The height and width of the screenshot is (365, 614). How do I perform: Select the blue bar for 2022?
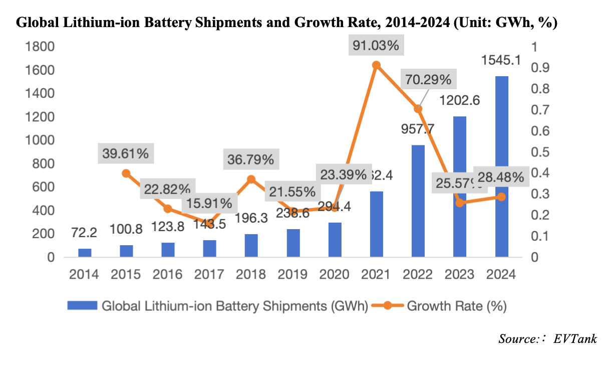(x=418, y=201)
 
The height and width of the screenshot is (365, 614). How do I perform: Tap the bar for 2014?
(x=85, y=253)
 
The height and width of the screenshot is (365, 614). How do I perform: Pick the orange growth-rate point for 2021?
(x=377, y=65)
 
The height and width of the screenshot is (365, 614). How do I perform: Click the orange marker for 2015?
(x=127, y=173)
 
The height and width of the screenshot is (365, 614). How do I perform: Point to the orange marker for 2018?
(x=252, y=179)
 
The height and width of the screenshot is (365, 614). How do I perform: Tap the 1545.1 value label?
(x=501, y=61)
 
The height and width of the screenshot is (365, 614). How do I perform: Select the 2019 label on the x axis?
(x=293, y=275)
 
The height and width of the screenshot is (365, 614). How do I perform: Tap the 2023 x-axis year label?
(x=460, y=275)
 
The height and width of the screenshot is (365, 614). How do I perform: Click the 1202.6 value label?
(x=460, y=100)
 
